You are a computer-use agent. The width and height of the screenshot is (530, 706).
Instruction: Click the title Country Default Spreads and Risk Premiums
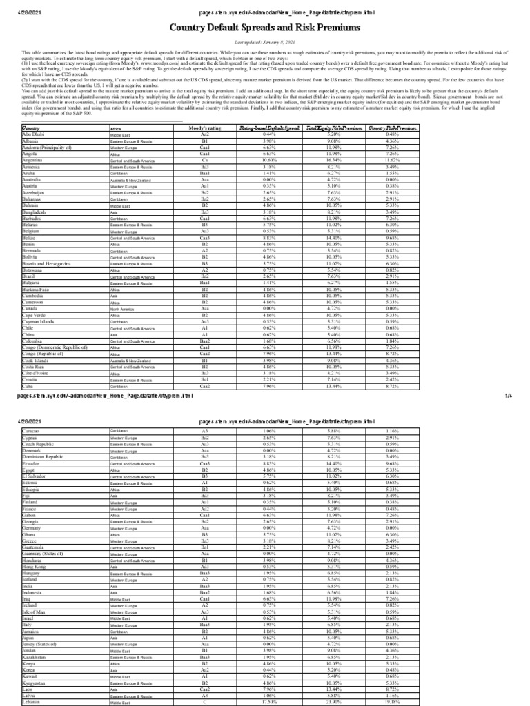(265, 28)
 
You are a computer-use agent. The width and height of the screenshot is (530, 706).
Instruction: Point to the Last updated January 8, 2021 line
(265, 42)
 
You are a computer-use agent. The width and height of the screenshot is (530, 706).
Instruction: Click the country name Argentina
(34, 160)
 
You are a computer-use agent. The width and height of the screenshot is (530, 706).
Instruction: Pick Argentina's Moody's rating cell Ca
(204, 160)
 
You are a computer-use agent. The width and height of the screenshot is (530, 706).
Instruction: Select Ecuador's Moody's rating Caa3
(204, 464)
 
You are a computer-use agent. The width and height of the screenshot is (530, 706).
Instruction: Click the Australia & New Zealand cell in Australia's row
(130, 181)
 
